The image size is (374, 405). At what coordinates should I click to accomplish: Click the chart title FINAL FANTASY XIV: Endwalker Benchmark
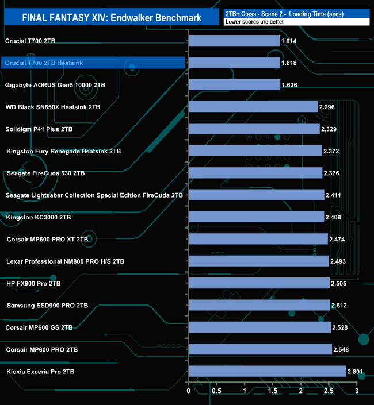pos(112,18)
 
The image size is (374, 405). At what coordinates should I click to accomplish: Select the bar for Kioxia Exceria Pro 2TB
pos(267,372)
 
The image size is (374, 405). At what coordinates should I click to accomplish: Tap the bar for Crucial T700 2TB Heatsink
pos(234,63)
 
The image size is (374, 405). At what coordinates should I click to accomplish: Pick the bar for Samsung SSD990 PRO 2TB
pos(259,305)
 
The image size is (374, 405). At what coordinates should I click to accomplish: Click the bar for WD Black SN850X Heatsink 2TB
pos(253,107)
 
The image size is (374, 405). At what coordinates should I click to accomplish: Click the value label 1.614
pos(288,41)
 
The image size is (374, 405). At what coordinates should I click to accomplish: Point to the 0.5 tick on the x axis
pos(216,392)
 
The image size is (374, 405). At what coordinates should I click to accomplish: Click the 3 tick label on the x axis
pos(357,392)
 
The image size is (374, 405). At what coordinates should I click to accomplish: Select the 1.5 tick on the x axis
pos(273,392)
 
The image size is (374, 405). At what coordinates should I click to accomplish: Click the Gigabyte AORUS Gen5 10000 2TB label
pos(55,84)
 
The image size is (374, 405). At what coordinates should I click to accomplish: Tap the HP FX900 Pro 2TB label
pos(33,283)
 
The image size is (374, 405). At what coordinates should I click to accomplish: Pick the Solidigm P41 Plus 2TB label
pos(40,129)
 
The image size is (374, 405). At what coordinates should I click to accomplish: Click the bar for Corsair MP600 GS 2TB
pos(259,327)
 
